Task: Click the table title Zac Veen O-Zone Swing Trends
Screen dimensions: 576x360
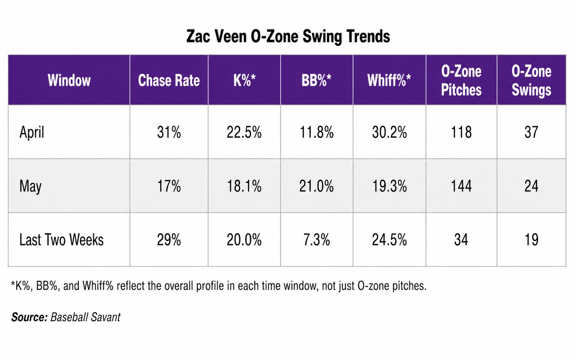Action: [288, 37]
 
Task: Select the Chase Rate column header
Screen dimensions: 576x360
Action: [169, 81]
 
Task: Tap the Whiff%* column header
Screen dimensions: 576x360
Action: [389, 81]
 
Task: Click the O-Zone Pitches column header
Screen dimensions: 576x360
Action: [461, 81]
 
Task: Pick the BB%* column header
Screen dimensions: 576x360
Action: [316, 81]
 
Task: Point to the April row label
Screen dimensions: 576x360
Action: [32, 132]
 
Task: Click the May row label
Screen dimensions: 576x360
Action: [31, 186]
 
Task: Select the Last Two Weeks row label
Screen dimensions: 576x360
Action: [61, 240]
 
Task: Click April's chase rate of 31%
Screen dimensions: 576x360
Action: [169, 132]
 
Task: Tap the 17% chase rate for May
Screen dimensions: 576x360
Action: [169, 186]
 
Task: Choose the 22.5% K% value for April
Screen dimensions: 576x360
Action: [244, 132]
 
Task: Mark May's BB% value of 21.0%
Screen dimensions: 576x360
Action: [316, 186]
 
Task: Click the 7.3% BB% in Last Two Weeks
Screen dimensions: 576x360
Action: [316, 240]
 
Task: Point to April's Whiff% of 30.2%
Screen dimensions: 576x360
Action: [389, 132]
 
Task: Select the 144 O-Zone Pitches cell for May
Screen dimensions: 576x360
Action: [461, 186]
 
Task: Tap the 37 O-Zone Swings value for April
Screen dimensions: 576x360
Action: [531, 132]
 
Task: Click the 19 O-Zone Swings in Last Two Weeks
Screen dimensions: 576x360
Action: [531, 240]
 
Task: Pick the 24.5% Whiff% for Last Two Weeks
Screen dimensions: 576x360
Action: [389, 240]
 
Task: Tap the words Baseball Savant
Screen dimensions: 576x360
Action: [85, 317]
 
